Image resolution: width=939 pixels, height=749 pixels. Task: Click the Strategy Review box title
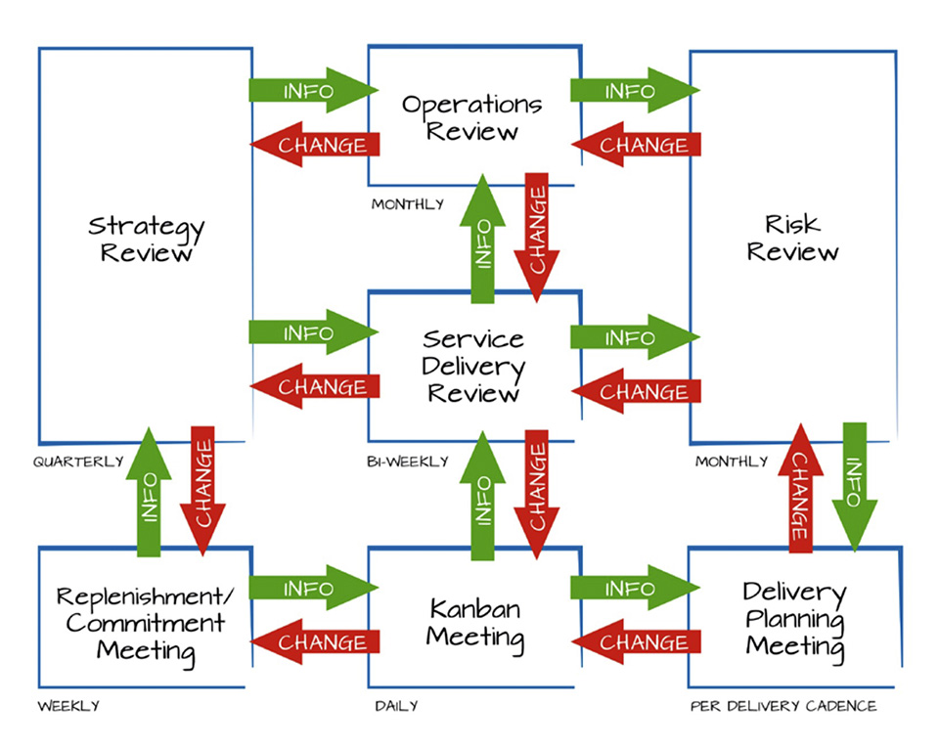point(146,239)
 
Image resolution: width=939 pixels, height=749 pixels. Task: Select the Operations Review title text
point(471,117)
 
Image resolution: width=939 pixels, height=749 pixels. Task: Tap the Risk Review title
point(792,238)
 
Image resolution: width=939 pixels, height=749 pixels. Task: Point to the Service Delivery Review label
point(473,366)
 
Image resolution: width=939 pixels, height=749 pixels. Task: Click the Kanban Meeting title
point(475,624)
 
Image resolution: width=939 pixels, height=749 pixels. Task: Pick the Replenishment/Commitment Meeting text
point(146,625)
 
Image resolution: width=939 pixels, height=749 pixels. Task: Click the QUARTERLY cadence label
point(78,462)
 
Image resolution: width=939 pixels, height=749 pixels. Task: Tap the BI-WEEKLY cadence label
point(408,462)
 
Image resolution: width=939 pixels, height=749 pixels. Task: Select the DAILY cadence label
point(396,706)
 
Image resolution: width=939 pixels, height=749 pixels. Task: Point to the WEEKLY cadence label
point(68,706)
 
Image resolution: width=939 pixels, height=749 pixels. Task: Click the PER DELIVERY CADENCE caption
point(783,706)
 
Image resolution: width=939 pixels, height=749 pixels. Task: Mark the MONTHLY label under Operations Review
point(408,204)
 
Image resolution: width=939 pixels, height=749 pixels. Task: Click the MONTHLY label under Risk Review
point(732,462)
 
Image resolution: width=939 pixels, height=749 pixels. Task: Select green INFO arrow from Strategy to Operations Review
point(314,90)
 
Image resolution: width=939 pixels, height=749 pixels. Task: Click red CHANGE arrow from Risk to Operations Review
point(636,145)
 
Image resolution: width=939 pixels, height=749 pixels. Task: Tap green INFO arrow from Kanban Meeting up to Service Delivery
point(482,496)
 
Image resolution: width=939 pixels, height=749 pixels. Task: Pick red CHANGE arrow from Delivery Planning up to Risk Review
point(801,488)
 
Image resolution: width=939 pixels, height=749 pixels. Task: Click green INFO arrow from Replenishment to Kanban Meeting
point(314,588)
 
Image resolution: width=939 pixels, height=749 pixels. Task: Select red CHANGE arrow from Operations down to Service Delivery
point(537,238)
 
